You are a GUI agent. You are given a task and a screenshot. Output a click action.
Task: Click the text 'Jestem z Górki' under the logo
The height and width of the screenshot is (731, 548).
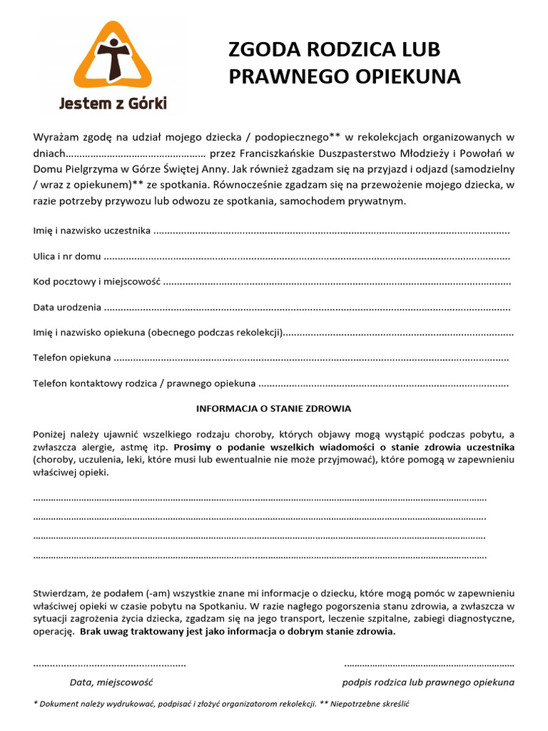coord(113,104)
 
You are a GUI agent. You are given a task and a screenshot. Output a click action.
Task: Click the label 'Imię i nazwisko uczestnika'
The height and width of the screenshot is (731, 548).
coord(91,231)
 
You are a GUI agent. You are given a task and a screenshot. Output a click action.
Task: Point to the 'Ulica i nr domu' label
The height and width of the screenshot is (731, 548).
coord(67,256)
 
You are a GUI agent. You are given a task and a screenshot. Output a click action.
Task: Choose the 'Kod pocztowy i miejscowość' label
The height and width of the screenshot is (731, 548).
coord(96,282)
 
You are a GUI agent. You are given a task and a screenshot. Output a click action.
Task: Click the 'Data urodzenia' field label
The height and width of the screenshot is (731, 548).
coord(67,308)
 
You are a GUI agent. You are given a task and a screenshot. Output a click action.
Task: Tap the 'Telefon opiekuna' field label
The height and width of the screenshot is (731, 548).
coord(72,358)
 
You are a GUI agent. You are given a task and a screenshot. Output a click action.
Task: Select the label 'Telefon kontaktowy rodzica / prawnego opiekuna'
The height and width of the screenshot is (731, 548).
coord(144,383)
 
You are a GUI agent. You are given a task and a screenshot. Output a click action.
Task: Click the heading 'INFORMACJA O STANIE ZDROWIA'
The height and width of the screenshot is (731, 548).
coord(273,409)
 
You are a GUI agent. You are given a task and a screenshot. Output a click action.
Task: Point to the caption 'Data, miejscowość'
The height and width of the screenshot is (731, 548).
coord(111,682)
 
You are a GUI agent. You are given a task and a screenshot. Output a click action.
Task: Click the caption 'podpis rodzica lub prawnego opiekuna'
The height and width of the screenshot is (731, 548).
coord(428,682)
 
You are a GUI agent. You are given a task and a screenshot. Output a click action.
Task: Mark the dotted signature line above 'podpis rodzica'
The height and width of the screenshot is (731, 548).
coord(429,665)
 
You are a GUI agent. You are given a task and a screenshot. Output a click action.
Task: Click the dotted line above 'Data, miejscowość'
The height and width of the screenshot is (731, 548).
coord(110,665)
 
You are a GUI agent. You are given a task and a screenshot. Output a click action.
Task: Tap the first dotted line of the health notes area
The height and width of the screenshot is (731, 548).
coord(260,499)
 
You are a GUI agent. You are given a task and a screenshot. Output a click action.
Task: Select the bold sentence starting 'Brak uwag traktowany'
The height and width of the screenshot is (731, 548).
coord(238,632)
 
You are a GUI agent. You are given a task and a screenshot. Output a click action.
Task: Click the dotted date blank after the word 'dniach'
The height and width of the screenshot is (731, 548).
coord(135,153)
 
